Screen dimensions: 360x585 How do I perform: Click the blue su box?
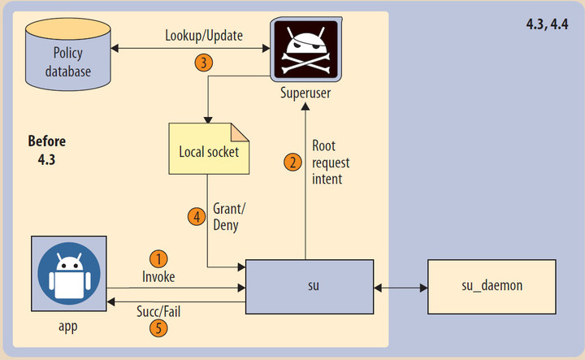tap(310, 287)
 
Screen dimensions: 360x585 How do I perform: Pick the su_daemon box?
tap(492, 287)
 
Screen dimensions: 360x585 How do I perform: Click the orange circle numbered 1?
tap(159, 258)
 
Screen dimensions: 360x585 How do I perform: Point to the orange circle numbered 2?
tap(292, 162)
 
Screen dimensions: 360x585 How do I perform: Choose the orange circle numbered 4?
tap(195, 216)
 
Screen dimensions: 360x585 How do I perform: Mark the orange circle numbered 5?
tap(159, 328)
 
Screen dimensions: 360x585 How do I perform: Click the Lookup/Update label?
tap(203, 36)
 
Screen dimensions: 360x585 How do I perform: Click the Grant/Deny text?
tap(227, 217)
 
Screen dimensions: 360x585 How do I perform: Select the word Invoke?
tap(158, 276)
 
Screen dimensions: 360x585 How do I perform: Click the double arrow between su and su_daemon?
tap(401, 288)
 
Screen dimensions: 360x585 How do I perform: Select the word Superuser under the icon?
tap(303, 93)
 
